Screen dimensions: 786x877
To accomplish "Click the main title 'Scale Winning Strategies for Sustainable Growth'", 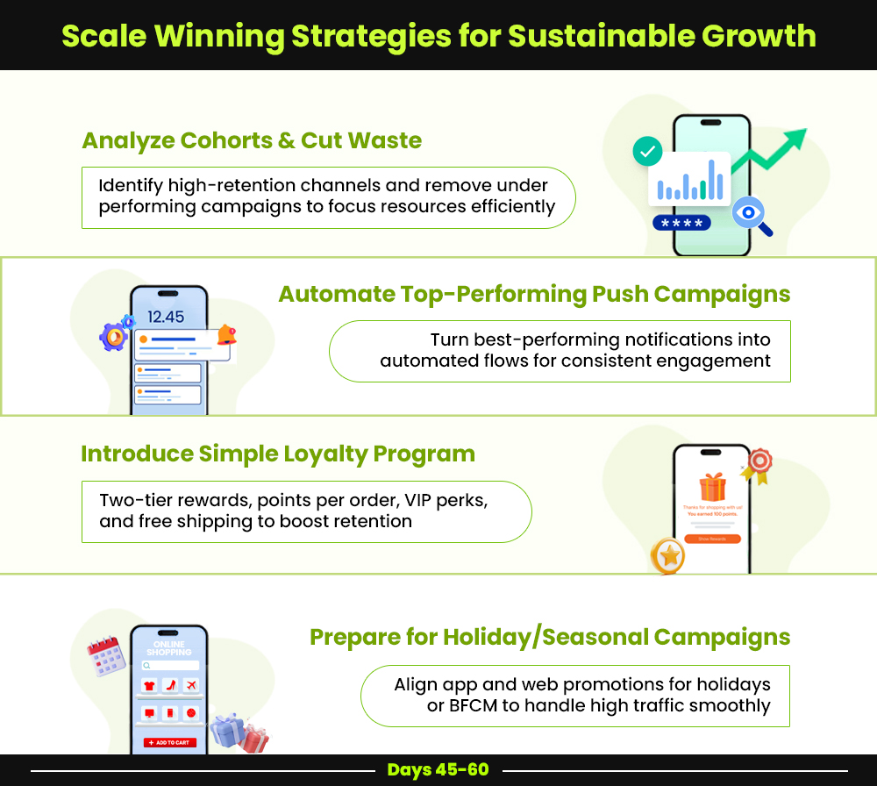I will [x=438, y=36].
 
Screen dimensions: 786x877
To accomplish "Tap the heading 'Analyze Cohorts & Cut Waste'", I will [x=252, y=140].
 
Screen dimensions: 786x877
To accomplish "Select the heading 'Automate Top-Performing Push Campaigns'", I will [x=534, y=294].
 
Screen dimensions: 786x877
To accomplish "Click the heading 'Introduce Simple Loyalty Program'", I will [x=278, y=454].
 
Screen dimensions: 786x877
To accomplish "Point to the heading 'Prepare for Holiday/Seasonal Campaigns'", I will [x=550, y=636].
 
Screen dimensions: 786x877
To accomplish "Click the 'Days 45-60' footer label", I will [x=438, y=769].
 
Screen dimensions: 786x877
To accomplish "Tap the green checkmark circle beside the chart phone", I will [x=647, y=152].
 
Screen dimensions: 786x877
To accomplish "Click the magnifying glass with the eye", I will [x=751, y=213].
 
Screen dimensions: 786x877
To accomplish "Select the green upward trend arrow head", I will [x=794, y=139].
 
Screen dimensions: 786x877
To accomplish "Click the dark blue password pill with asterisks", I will [x=681, y=223].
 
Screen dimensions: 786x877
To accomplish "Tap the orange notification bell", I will [x=226, y=334].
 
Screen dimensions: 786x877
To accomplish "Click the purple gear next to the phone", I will [x=113, y=336].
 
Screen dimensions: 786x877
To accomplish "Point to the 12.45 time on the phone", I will [x=166, y=317].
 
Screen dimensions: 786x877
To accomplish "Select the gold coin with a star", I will [x=668, y=555].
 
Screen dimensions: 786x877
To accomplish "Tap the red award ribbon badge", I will [x=759, y=462].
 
